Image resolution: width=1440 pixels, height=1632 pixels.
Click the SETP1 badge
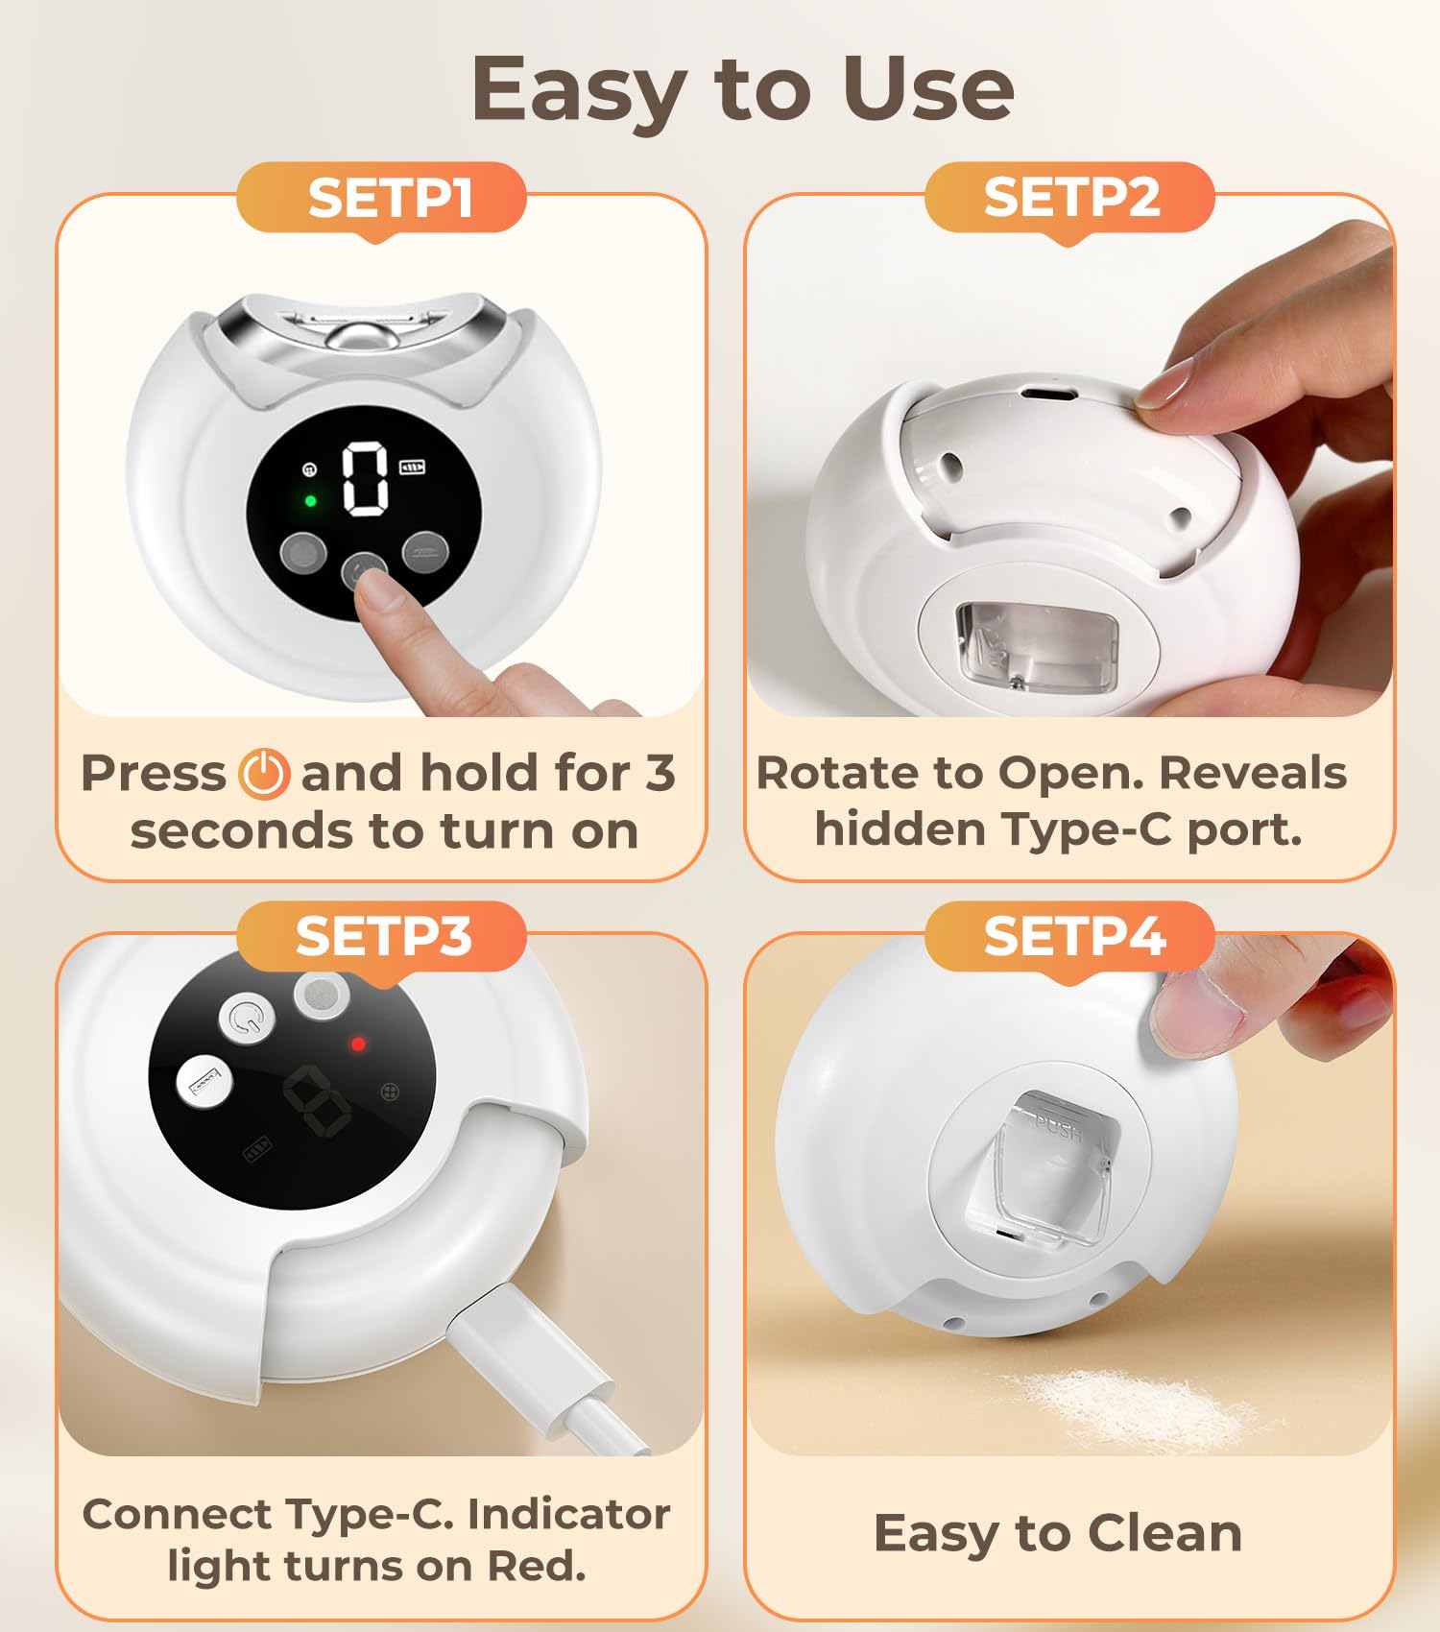click(x=381, y=199)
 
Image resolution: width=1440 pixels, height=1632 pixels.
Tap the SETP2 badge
click(x=1069, y=199)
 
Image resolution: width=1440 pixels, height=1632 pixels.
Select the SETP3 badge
click(x=381, y=937)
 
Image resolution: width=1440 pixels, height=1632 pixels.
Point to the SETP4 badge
click(x=1069, y=937)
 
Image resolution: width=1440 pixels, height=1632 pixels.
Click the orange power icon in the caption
click(x=264, y=774)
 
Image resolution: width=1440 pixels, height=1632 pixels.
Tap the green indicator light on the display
click(x=310, y=500)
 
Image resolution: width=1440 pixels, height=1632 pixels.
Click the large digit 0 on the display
click(x=367, y=478)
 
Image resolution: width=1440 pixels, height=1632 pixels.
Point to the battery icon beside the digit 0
click(x=413, y=468)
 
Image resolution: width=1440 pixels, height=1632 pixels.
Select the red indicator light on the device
click(x=358, y=1044)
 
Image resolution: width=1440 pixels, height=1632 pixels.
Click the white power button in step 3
click(x=248, y=1019)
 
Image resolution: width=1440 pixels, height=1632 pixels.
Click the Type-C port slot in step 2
click(x=1046, y=394)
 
